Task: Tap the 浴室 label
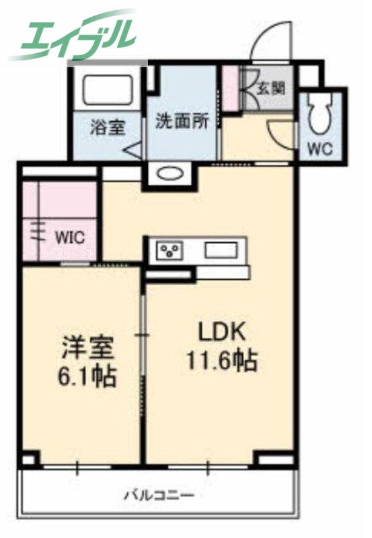[108, 127]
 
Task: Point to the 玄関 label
[271, 88]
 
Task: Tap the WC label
[320, 149]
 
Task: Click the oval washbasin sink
[170, 174]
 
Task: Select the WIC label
[69, 236]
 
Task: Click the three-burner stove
[170, 252]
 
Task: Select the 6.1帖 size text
[88, 376]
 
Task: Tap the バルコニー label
[159, 496]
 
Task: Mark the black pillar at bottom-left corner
[28, 461]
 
